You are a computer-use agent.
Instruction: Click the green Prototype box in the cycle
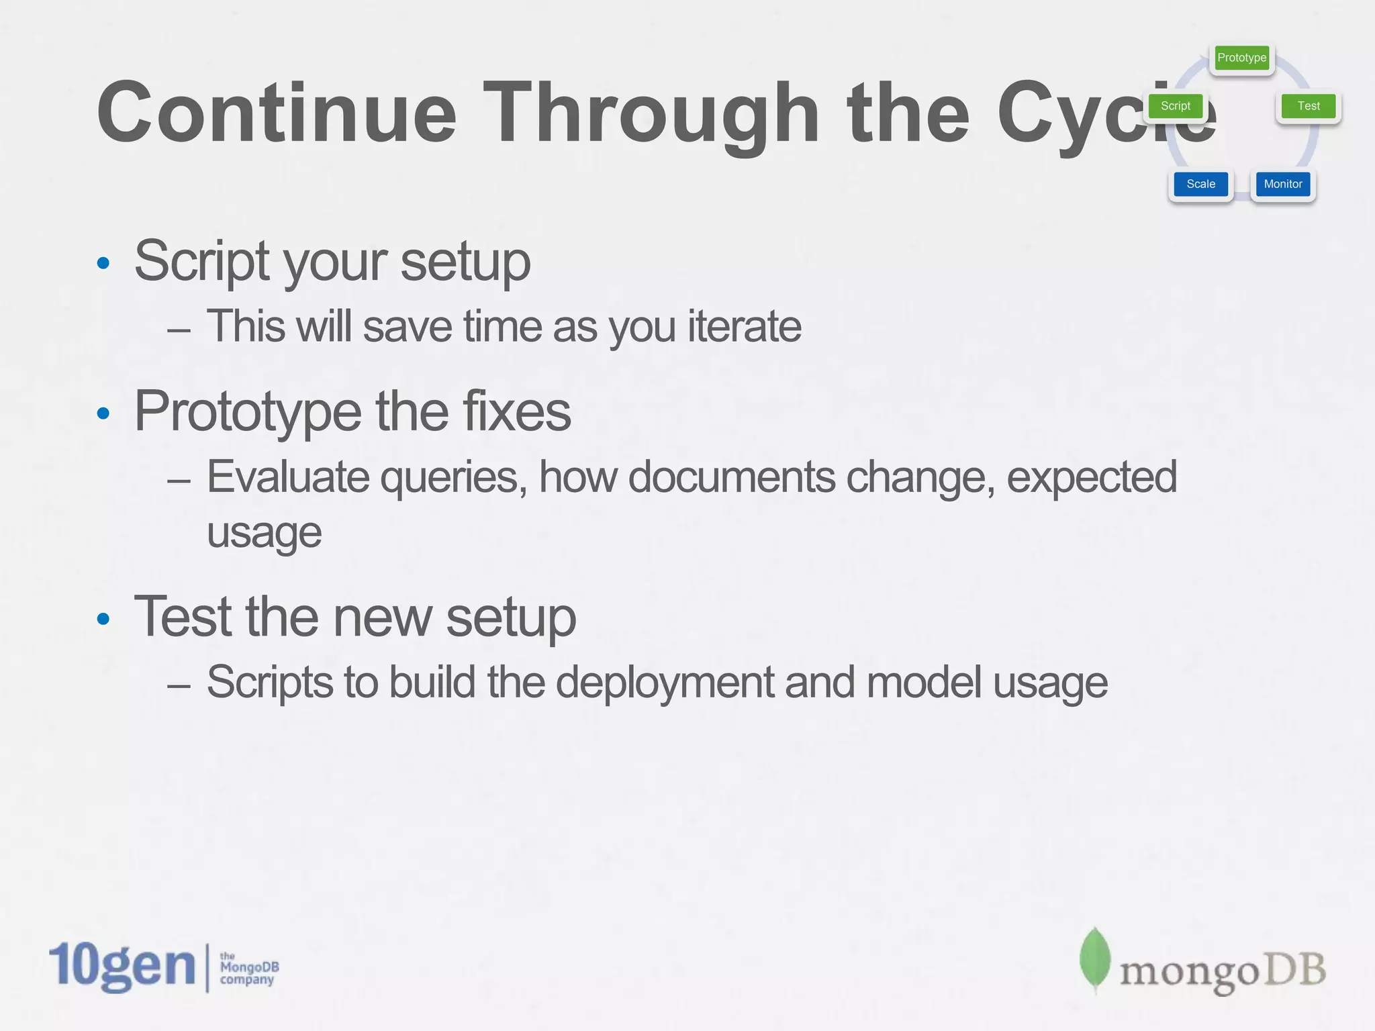(x=1241, y=58)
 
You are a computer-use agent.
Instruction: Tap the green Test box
(x=1308, y=106)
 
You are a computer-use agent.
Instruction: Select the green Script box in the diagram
(x=1175, y=106)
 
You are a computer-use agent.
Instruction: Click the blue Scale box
(x=1200, y=184)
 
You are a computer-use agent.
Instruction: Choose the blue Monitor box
(x=1282, y=184)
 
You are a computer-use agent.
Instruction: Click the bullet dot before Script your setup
(x=103, y=263)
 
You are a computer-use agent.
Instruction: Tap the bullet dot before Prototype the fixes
(x=103, y=413)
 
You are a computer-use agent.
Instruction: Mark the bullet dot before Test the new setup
(x=103, y=619)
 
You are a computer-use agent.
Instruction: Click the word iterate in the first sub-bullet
(x=744, y=327)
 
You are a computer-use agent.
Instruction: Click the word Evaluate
(x=287, y=477)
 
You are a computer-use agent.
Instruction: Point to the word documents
(x=731, y=477)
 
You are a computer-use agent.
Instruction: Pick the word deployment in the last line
(x=665, y=683)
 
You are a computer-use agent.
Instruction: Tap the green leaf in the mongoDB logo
(x=1094, y=960)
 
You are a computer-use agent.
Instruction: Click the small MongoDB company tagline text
(x=248, y=968)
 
